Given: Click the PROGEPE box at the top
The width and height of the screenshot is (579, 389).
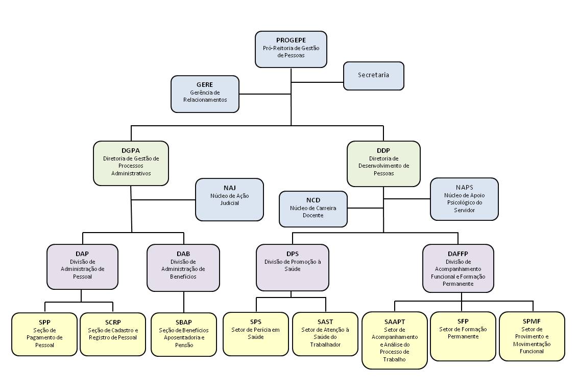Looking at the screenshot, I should (291, 49).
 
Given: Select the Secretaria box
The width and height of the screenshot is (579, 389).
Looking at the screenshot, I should (373, 76).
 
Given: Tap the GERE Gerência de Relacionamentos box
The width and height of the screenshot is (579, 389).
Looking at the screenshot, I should (205, 94).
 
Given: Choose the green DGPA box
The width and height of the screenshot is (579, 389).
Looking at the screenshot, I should (131, 163).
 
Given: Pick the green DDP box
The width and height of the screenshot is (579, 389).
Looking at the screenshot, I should (383, 164).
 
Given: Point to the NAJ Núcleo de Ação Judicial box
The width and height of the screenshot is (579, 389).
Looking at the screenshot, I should (230, 199).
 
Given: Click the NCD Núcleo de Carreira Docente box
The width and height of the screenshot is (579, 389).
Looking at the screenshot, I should (313, 209).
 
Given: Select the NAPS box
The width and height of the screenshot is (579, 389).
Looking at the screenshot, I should (464, 199).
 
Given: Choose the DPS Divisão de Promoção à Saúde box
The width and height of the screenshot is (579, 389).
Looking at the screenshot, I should (293, 267).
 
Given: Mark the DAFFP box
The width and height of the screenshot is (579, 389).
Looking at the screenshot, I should (458, 268).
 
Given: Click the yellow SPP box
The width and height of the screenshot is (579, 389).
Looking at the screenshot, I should (44, 334).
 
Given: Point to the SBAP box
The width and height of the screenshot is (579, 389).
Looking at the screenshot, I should (183, 334).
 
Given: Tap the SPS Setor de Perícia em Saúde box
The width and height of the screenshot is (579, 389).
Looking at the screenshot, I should (255, 333).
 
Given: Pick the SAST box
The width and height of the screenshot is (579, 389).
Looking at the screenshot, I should (325, 333).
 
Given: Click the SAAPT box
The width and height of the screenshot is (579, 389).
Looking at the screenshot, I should (394, 340).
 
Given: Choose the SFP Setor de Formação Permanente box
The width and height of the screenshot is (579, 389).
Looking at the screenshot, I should (463, 336).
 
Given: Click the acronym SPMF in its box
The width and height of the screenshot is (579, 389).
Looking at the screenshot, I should (532, 322).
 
